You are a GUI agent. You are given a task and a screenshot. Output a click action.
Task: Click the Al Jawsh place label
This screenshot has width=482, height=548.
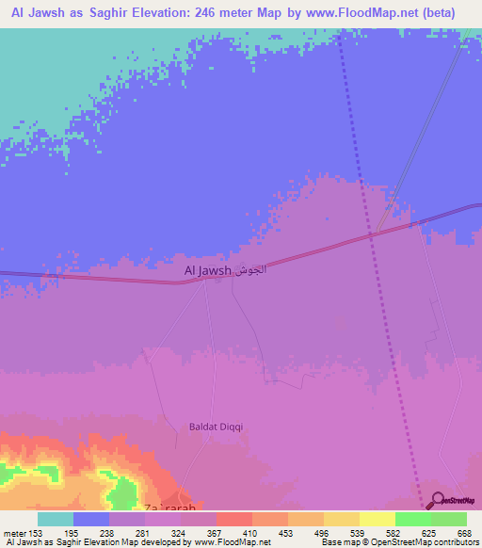tap(207, 271)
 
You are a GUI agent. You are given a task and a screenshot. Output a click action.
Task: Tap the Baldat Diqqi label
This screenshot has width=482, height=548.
tap(216, 427)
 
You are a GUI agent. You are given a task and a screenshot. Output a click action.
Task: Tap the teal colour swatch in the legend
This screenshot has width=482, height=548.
tap(56, 519)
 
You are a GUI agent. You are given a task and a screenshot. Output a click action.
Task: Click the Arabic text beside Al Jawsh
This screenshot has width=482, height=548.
tap(250, 271)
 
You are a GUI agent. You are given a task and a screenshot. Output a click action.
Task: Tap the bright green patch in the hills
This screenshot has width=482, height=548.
tap(121, 490)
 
